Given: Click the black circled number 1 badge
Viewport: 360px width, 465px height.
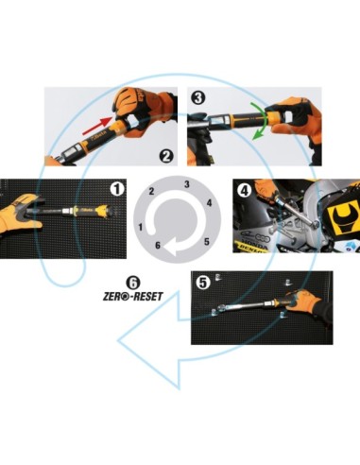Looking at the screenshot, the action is [x=117, y=189].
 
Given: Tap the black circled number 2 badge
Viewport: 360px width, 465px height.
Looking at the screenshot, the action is [x=166, y=156].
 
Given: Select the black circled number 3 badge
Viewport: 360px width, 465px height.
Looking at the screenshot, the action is [x=198, y=97].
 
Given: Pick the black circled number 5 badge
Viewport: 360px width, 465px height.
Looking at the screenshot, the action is [x=203, y=283].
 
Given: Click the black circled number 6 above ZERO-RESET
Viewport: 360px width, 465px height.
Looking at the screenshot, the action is [x=133, y=283].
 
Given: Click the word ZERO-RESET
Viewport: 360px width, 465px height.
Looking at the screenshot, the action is [x=133, y=297].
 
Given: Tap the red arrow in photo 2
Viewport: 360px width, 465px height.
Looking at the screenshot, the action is [x=97, y=125].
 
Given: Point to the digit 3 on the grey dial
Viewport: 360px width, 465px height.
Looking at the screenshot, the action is [x=187, y=184].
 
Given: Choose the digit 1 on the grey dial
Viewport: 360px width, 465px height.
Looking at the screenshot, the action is [x=141, y=227].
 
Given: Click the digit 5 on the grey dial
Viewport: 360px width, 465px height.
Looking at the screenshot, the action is [x=207, y=242].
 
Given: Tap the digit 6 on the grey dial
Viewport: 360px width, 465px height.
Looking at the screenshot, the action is [x=158, y=245].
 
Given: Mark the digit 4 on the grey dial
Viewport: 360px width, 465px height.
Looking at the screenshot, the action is [x=209, y=203].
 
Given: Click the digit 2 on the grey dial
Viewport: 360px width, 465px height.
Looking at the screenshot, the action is [x=151, y=191].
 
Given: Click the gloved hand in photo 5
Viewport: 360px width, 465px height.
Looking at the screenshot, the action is [x=307, y=302].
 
